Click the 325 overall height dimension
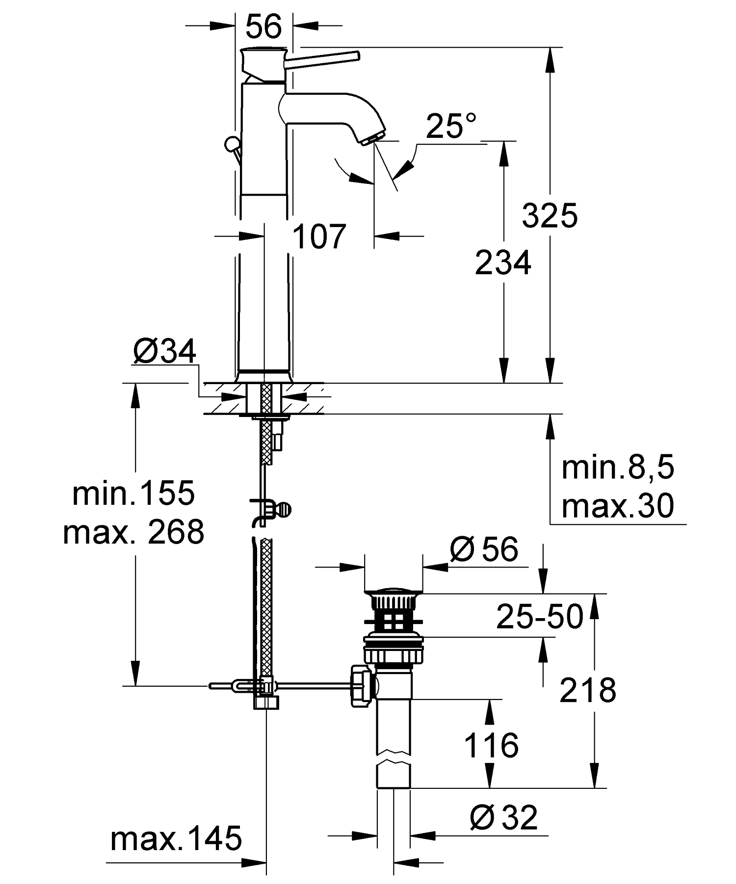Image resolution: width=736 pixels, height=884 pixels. (x=550, y=215)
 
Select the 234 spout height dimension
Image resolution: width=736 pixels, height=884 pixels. (x=503, y=262)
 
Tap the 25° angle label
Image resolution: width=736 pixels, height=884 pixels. (x=451, y=127)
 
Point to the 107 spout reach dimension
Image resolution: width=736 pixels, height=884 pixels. (x=319, y=237)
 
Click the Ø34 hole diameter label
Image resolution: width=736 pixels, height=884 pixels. (x=164, y=351)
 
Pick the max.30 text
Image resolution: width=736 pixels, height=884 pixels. (x=618, y=506)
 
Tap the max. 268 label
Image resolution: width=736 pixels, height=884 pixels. (x=133, y=532)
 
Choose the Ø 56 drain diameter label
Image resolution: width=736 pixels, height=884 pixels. (x=484, y=549)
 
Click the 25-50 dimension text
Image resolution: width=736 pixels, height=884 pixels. (x=540, y=616)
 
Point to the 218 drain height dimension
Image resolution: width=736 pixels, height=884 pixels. (x=587, y=690)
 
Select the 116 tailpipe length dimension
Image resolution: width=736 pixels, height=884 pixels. (x=491, y=745)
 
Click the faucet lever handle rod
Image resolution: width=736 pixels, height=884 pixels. (x=324, y=58)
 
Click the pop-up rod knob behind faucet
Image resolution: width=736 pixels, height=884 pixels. (x=230, y=144)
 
